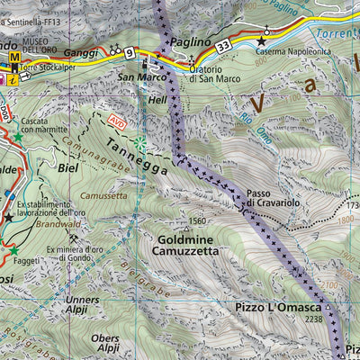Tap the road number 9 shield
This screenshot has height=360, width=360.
pyautogui.click(x=130, y=54)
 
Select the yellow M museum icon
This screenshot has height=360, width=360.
pyautogui.click(x=14, y=58)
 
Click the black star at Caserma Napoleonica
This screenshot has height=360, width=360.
pyautogui.click(x=262, y=40)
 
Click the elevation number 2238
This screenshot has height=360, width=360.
pyautogui.click(x=313, y=319)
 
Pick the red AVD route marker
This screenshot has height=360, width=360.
pyautogui.click(x=115, y=119)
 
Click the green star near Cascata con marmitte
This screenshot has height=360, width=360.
pyautogui.click(x=15, y=138)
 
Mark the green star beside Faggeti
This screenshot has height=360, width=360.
pyautogui.click(x=13, y=250)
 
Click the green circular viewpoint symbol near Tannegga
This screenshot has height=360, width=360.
pyautogui.click(x=139, y=142)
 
